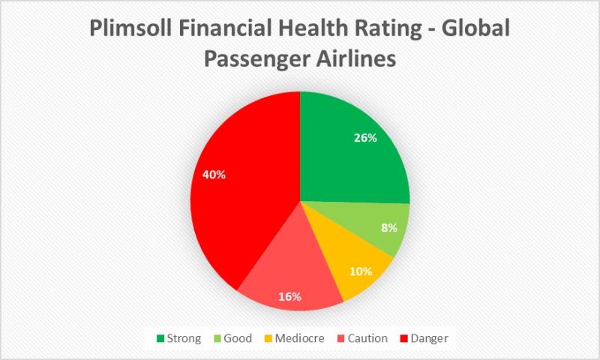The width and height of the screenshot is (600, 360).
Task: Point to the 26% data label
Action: [x=365, y=138]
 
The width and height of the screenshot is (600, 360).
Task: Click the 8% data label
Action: [x=389, y=228]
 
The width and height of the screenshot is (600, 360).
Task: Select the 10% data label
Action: [x=361, y=271]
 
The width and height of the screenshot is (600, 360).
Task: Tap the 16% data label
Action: [x=289, y=297]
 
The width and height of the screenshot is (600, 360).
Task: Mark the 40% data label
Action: [x=214, y=175]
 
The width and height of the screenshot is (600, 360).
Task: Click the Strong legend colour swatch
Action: [x=160, y=338]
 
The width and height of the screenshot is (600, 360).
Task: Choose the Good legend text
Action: [x=238, y=338]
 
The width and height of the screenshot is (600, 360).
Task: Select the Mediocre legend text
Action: [x=299, y=338]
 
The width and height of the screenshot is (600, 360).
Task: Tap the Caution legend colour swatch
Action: [x=341, y=338]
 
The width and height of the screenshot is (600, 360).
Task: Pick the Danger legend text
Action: [x=429, y=338]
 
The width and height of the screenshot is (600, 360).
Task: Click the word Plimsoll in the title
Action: [x=130, y=28]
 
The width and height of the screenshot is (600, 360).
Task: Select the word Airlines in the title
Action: [x=355, y=59]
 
